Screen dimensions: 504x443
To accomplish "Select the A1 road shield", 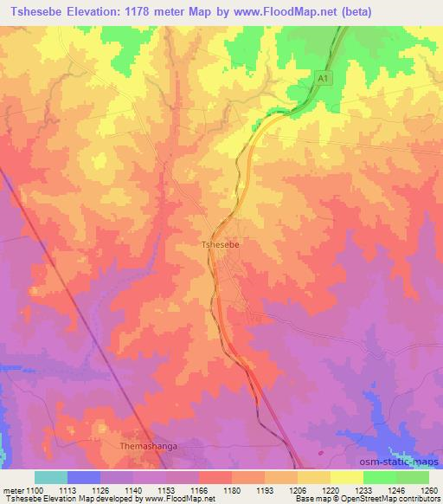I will (x=322, y=78).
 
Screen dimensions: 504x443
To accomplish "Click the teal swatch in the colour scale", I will (x=50, y=477).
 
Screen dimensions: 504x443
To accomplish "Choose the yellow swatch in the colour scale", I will (x=346, y=477).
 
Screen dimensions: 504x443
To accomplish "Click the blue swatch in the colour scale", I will (x=83, y=477).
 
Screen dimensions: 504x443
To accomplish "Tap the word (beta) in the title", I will (x=412, y=10).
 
